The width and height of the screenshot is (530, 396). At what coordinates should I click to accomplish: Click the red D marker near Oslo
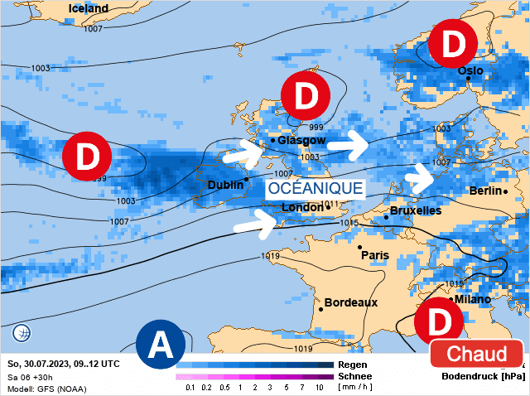[453, 46]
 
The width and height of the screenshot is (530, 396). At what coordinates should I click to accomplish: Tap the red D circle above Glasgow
[306, 94]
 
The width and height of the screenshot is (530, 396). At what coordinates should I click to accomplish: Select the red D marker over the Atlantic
[87, 155]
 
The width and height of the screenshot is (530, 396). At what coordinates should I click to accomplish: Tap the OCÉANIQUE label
[316, 188]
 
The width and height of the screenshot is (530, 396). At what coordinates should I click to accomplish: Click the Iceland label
[88, 8]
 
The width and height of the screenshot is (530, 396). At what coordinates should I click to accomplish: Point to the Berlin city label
[485, 191]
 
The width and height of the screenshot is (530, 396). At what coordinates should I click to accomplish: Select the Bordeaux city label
[350, 302]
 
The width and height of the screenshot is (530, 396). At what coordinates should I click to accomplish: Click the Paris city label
[375, 256]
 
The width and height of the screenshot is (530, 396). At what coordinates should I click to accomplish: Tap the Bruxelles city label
[415, 210]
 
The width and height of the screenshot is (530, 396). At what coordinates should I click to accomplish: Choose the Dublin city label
[224, 185]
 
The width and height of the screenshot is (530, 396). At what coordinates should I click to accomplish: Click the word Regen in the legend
[354, 365]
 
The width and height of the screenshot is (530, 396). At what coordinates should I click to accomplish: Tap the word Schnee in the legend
[355, 376]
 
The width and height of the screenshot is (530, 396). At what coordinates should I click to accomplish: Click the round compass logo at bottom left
[22, 334]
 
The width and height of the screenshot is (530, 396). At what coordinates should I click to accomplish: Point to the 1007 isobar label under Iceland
[94, 29]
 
